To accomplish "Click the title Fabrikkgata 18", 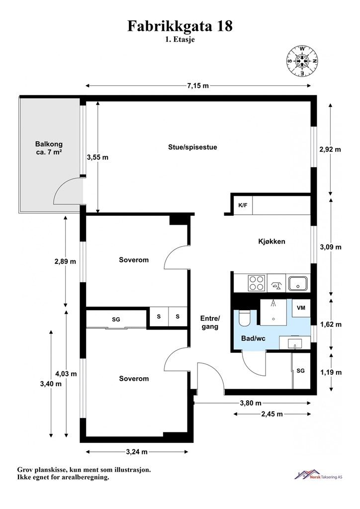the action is pyautogui.click(x=180, y=26).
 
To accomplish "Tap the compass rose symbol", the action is pyautogui.click(x=302, y=61).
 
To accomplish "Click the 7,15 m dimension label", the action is pyautogui.click(x=198, y=85).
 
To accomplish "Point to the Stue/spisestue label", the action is pyautogui.click(x=192, y=147).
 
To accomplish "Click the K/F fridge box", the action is pyautogui.click(x=243, y=205).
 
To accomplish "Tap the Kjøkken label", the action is pyautogui.click(x=271, y=241).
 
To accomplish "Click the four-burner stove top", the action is pyautogui.click(x=257, y=283).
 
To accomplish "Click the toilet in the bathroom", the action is pyautogui.click(x=244, y=318).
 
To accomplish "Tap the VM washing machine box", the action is pyautogui.click(x=301, y=308).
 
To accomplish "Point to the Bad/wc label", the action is pyautogui.click(x=253, y=339).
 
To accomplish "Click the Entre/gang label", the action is pyautogui.click(x=210, y=322).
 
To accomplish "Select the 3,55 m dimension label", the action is pyautogui.click(x=97, y=158).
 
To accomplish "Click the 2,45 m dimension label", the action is pyautogui.click(x=272, y=414).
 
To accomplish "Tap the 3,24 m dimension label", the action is pyautogui.click(x=137, y=451).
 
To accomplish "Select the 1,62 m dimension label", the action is pyautogui.click(x=331, y=324).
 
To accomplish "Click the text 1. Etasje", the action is pyautogui.click(x=180, y=40).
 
